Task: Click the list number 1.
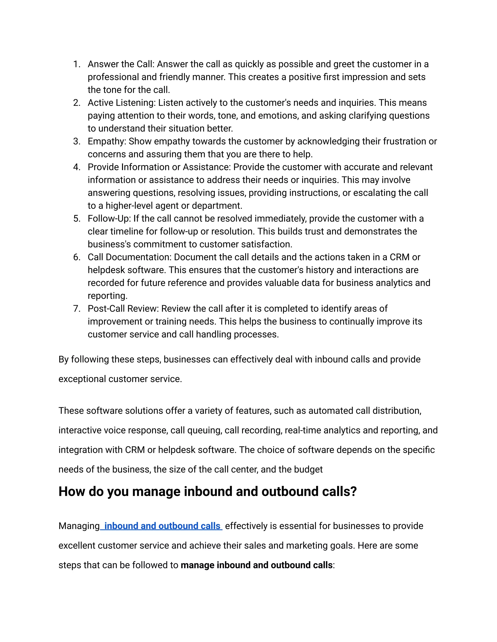coord(76,64)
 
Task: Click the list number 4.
coord(76,167)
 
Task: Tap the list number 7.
coord(76,308)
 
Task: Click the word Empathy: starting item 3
coord(107,141)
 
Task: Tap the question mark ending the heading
coord(354,492)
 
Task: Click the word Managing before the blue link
coord(79,526)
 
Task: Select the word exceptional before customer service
coord(82,379)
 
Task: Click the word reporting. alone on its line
coord(108,296)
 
